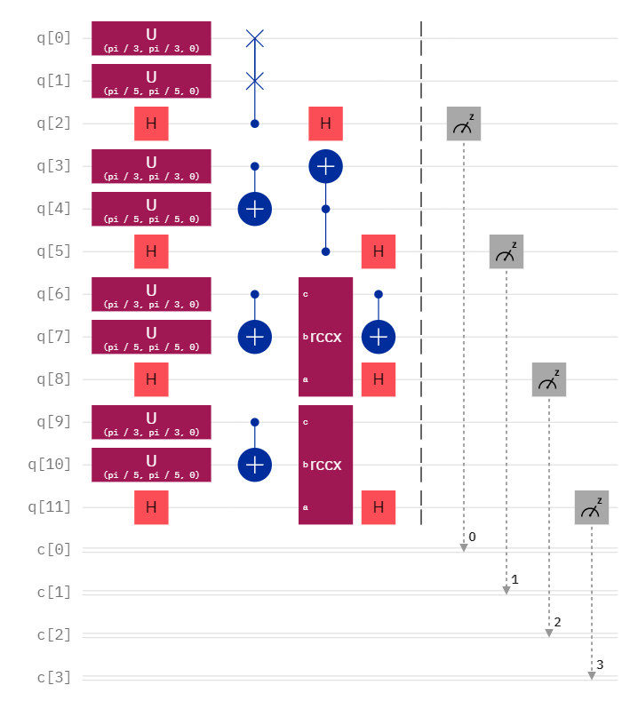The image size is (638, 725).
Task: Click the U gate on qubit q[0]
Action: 151,38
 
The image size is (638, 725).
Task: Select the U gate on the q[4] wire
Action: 151,209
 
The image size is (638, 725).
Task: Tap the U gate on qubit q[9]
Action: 151,422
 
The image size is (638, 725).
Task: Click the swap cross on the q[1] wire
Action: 255,81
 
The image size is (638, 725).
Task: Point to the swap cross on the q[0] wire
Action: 255,38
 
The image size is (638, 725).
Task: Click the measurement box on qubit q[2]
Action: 464,123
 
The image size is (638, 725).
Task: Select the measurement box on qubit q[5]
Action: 506,251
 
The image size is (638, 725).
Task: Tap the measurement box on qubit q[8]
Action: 549,379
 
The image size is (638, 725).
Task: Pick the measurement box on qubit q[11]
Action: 592,507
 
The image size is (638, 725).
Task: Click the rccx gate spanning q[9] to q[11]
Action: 325,465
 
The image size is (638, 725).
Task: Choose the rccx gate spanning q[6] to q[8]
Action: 325,337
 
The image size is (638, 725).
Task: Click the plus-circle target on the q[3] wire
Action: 325,166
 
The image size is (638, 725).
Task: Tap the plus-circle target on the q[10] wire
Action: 255,465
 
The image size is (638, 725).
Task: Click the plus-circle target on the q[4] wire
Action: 255,209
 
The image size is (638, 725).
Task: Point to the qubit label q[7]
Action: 53,337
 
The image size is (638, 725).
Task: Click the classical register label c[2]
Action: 53,635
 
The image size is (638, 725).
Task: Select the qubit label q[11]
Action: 50,507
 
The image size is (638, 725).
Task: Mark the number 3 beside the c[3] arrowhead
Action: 600,665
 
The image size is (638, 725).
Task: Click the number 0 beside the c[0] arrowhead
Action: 472,537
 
